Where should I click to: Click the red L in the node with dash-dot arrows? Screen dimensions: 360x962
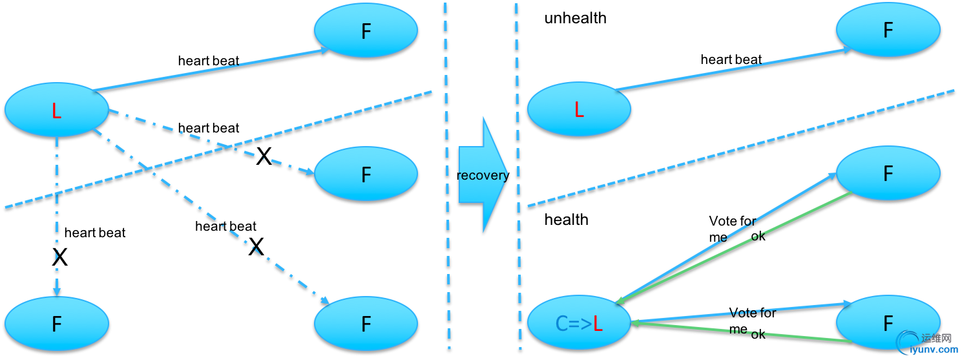(x=56, y=112)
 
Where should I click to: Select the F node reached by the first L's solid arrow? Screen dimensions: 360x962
(x=366, y=30)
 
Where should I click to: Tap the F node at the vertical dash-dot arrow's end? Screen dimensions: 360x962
(x=56, y=323)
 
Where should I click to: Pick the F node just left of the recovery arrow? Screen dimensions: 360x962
(x=366, y=174)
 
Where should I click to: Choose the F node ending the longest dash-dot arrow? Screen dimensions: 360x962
(x=366, y=323)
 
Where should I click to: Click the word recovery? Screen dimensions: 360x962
(x=481, y=175)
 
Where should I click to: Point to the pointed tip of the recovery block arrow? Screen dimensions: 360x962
(x=508, y=174)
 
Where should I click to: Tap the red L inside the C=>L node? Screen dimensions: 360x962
(x=598, y=323)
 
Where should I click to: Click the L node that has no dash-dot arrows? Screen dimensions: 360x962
(x=578, y=109)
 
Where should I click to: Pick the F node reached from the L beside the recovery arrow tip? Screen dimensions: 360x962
(x=888, y=30)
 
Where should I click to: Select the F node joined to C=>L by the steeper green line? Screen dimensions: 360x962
(x=888, y=173)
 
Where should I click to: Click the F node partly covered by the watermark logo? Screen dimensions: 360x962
(x=888, y=322)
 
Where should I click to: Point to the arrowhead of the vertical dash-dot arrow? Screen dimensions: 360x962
(x=57, y=290)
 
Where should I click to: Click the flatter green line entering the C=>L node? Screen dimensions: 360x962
(x=743, y=332)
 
